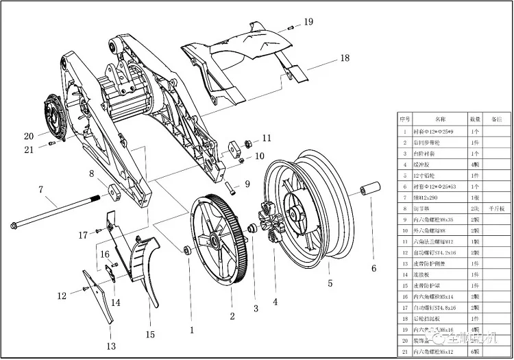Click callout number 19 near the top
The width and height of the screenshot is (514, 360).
(308, 22)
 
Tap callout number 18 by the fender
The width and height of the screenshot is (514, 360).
(344, 59)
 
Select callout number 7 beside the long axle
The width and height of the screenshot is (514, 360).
(41, 189)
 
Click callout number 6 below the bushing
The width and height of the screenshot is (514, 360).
(374, 268)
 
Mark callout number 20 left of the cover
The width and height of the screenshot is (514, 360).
(29, 135)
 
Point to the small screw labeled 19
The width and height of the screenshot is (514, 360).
(291, 27)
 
